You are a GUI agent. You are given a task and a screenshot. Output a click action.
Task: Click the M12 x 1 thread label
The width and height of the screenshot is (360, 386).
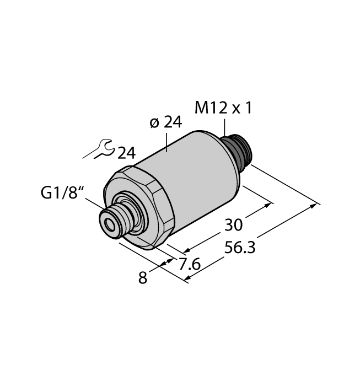click(x=223, y=108)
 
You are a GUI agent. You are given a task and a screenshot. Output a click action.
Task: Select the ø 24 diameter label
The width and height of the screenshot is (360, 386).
click(x=165, y=123)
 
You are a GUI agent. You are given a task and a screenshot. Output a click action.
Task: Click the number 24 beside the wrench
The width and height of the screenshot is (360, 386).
click(x=126, y=153)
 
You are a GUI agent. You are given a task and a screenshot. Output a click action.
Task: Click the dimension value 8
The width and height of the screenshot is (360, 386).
click(x=143, y=278)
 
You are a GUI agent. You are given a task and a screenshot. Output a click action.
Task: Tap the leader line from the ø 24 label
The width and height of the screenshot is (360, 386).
click(x=166, y=141)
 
